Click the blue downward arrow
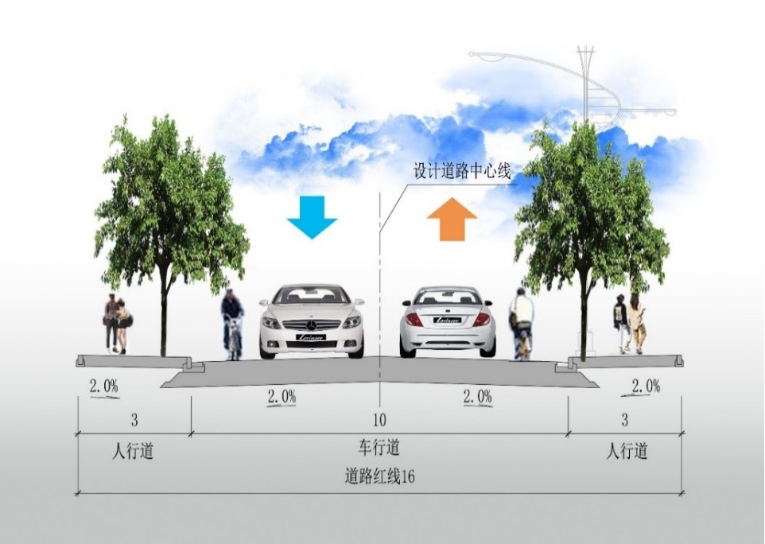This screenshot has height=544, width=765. click(312, 216)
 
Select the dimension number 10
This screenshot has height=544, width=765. click(379, 419)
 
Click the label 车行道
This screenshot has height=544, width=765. click(379, 448)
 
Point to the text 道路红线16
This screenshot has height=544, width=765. click(380, 477)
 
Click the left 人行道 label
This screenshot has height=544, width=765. click(133, 452)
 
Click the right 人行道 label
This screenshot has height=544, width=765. click(627, 452)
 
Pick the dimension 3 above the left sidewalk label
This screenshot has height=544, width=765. click(134, 419)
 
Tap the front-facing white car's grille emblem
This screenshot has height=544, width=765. click(312, 324)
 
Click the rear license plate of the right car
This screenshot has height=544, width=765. click(448, 320)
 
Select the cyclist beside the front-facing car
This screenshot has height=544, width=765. click(232, 324)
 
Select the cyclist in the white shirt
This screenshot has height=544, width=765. click(522, 322)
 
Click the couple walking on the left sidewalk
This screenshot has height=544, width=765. click(117, 323)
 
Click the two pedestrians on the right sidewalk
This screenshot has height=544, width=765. click(628, 323)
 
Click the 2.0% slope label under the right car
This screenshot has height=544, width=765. click(477, 397)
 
